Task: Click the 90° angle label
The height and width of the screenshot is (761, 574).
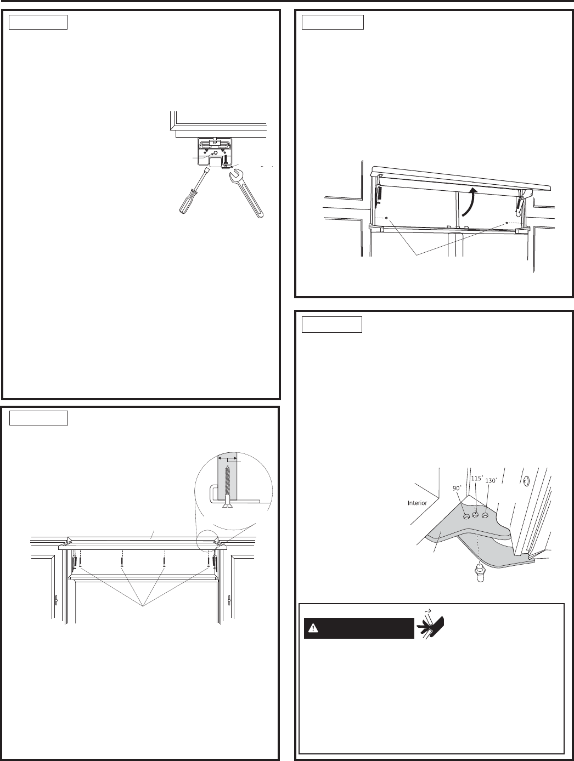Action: point(457,488)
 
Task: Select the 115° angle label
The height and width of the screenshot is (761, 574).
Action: point(477,479)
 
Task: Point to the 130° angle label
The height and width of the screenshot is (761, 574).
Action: point(491,481)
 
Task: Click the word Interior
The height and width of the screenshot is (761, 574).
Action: point(417,503)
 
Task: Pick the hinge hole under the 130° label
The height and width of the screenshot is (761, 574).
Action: point(485,515)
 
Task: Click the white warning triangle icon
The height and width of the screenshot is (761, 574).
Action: point(313,628)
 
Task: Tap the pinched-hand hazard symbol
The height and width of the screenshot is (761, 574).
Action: point(431,628)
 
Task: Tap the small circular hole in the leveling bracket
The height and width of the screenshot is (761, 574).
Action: point(215,152)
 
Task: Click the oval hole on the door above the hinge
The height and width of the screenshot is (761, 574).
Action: point(526,480)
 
